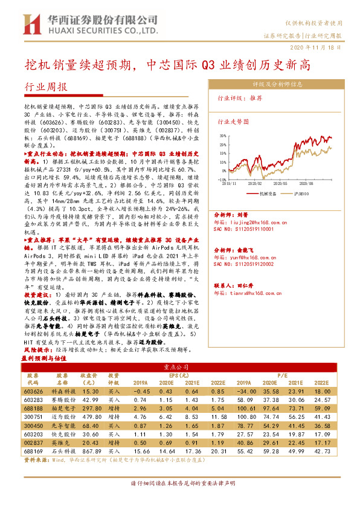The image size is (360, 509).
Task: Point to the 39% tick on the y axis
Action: point(223,137)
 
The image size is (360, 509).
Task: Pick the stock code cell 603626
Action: point(34,392)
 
